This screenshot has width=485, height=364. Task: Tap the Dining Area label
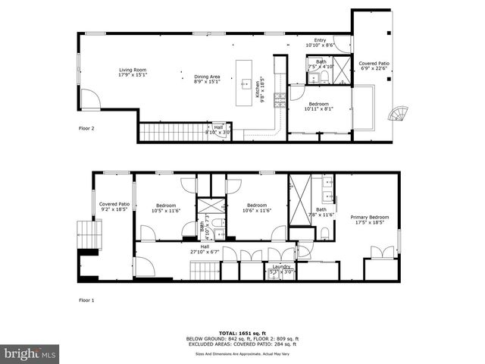(x=207, y=76)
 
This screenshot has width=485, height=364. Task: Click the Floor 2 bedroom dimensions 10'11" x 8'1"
(x=318, y=108)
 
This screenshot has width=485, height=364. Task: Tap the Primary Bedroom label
(x=369, y=218)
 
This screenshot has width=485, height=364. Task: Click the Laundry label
(x=282, y=267)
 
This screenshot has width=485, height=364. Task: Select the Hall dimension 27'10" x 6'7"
(x=205, y=251)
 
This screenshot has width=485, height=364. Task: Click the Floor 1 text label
(x=87, y=300)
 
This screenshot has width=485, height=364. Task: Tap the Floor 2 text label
(x=87, y=128)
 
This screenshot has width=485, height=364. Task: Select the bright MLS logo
(x=30, y=353)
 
